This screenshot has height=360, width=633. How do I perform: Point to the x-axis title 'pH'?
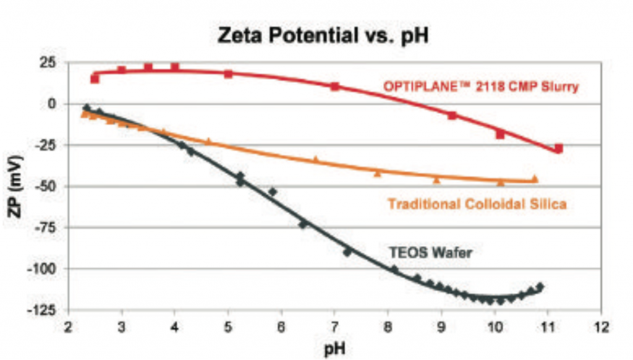(x=334, y=349)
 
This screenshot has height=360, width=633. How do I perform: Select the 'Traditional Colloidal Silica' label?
(x=477, y=204)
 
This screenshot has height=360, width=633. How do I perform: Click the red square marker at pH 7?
(x=335, y=87)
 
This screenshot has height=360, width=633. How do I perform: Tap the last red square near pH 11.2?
(x=558, y=148)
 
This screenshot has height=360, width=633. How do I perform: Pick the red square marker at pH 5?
(x=228, y=74)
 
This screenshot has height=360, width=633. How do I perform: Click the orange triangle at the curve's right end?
(x=535, y=179)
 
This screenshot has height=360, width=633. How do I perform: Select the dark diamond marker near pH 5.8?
(x=272, y=192)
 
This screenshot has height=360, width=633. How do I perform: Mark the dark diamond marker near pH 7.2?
(x=347, y=252)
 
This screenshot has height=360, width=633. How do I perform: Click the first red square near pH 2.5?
(x=95, y=79)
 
